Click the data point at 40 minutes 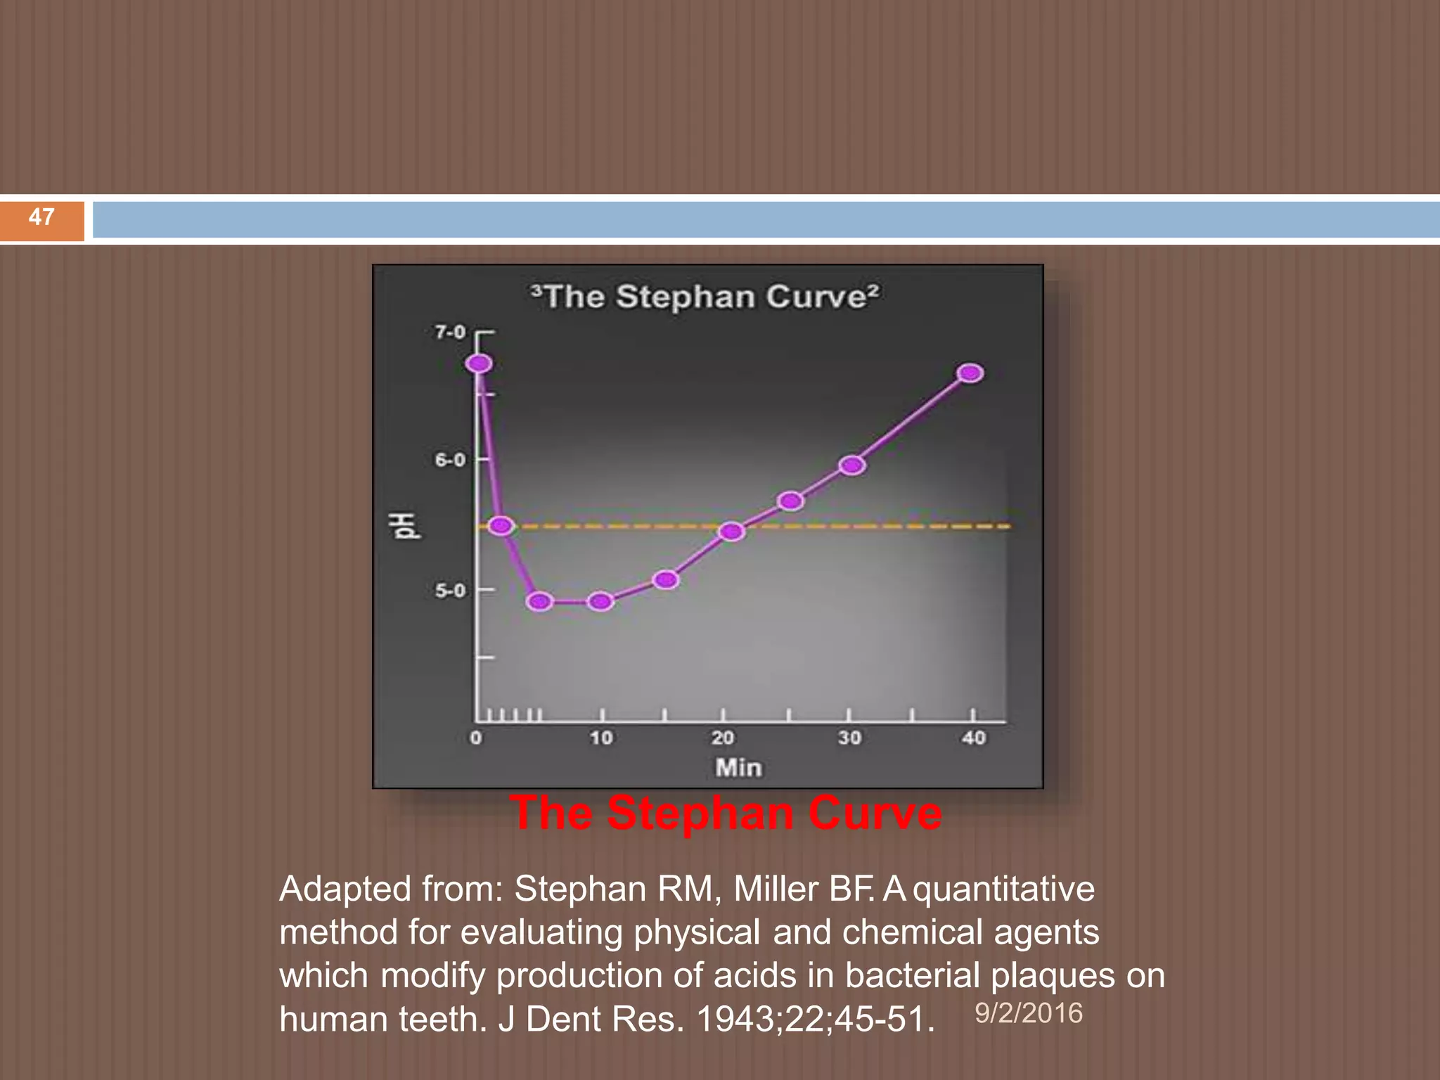coord(970,373)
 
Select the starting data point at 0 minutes coord(479,364)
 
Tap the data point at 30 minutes coord(851,465)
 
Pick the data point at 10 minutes coord(600,601)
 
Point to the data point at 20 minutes coord(731,532)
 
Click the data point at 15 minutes coord(665,580)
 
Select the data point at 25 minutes coord(790,501)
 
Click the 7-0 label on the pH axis coord(450,332)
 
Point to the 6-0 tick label coord(450,460)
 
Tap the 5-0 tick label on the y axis coord(450,591)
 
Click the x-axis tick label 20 coord(722,738)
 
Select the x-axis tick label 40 coord(974,738)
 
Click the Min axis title coord(738,767)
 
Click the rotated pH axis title coord(405,526)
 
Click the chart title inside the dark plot coord(705,297)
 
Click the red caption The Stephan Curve coord(725,814)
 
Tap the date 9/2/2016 coord(1028,1013)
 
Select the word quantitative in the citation coord(1003,889)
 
